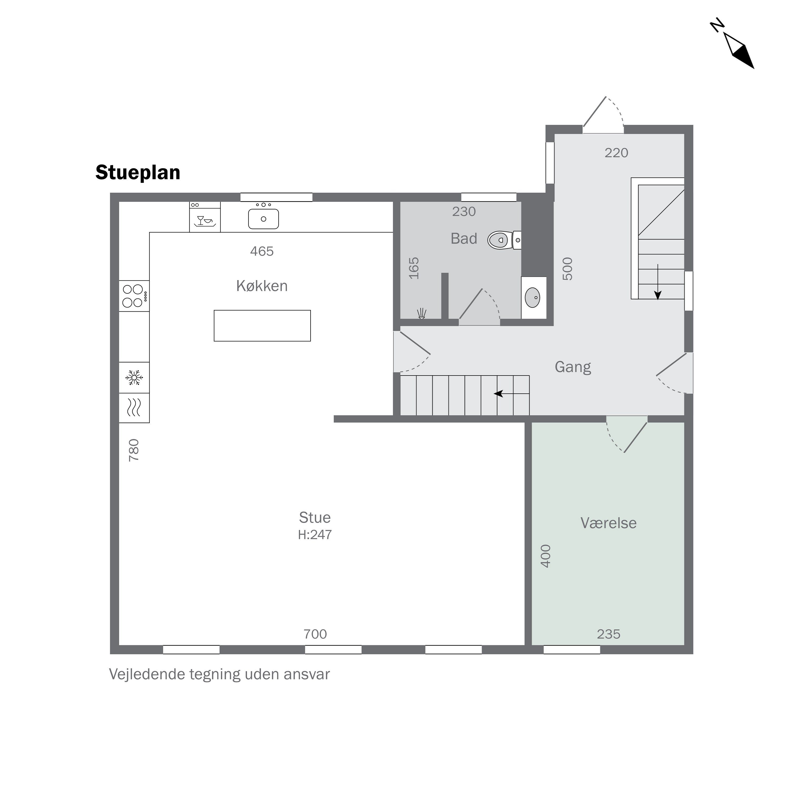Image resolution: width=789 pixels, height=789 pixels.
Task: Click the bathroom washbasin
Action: coord(533,298)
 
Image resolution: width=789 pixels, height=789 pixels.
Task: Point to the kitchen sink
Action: coord(264,219)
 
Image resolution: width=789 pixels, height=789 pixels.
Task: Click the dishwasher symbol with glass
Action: coord(205,217)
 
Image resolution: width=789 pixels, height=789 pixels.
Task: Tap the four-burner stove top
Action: coord(134,296)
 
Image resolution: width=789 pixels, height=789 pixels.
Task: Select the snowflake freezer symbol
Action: coord(134,378)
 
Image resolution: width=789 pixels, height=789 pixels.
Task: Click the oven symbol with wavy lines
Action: coord(134,408)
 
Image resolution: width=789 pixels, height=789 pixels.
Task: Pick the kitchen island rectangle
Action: coord(262,326)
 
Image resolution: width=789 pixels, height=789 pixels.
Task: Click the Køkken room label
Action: coord(262,286)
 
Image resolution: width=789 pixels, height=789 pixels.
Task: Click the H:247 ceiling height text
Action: coord(315,535)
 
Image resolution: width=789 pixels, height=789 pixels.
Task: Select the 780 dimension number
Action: coord(134,451)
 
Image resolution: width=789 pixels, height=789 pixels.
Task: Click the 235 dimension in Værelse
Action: coord(609,634)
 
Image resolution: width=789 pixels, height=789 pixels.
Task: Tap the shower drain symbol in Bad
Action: coord(421,314)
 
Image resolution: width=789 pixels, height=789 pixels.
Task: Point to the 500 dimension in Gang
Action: coord(568,269)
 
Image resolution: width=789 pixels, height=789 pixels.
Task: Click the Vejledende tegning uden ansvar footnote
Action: coord(219,674)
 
